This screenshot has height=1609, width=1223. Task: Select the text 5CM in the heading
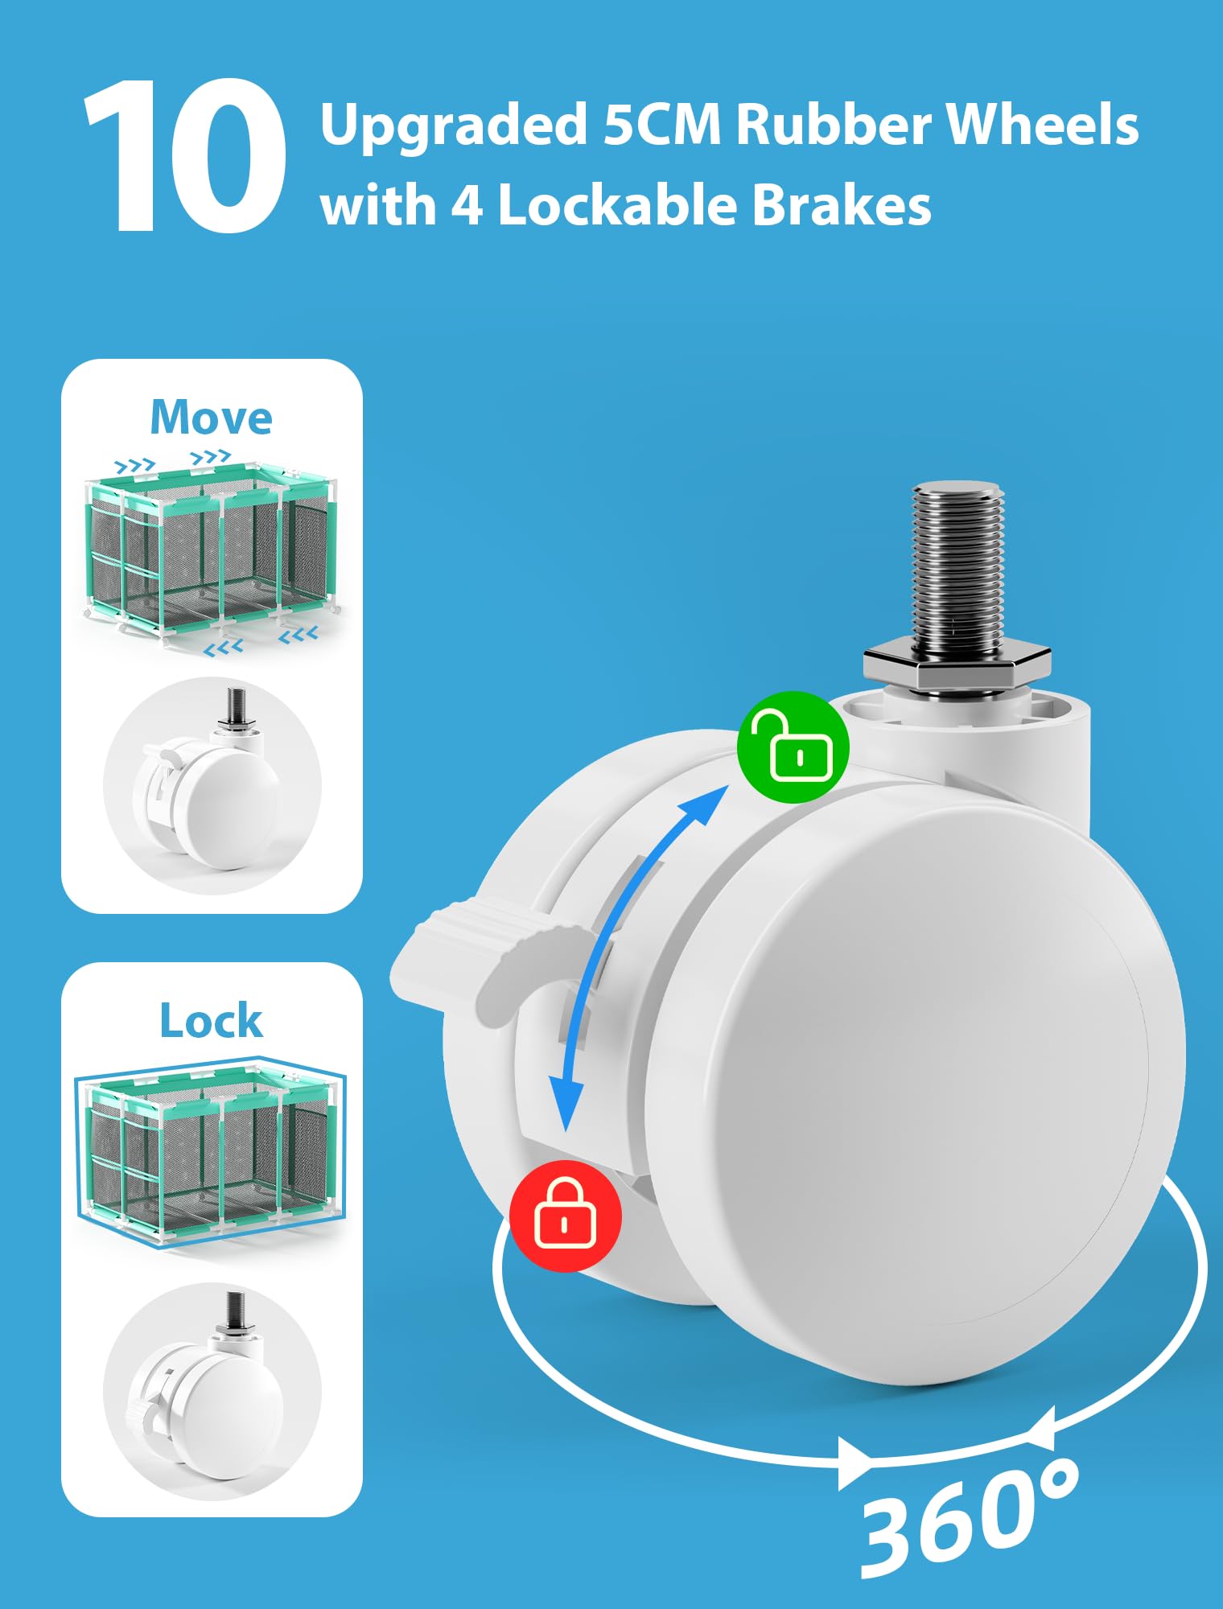coord(661,125)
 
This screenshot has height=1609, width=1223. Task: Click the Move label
coord(212,418)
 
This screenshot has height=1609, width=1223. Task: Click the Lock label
coord(212,1021)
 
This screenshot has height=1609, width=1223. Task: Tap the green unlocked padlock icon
coord(793,747)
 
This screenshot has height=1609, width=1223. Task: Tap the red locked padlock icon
coord(566,1215)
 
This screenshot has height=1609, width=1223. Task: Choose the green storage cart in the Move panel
coord(213,551)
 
